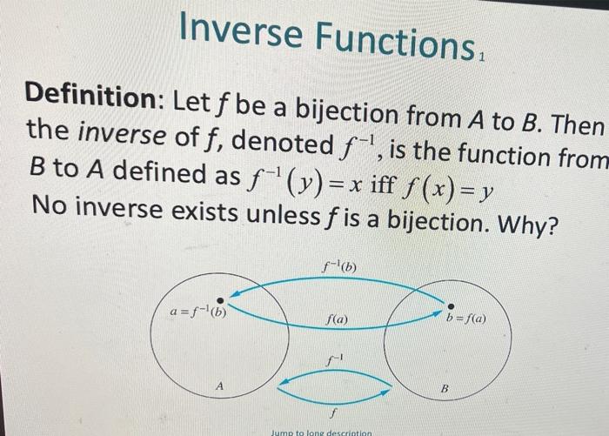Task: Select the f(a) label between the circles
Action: click(336, 320)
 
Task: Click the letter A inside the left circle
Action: click(220, 384)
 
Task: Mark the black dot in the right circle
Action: click(450, 305)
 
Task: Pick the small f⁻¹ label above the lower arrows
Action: click(331, 359)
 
